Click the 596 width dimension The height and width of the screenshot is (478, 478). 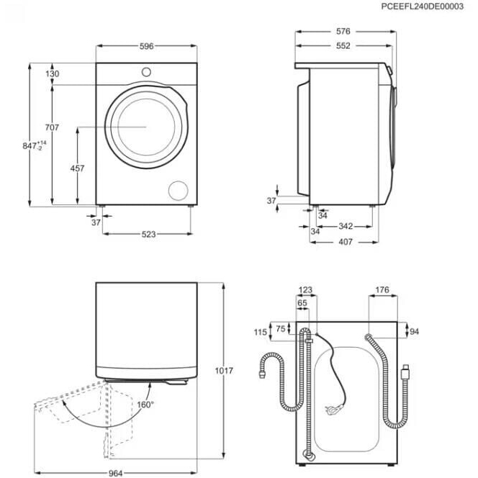(x=147, y=46)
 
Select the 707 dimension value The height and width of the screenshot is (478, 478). (x=52, y=127)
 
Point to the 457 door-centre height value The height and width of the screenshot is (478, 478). (x=77, y=168)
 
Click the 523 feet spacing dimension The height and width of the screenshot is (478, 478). (x=149, y=234)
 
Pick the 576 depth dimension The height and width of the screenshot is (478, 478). (x=343, y=31)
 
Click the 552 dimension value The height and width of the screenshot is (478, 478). (x=343, y=46)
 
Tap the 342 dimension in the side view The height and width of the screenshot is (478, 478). (x=346, y=226)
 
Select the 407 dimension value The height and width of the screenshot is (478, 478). (x=346, y=242)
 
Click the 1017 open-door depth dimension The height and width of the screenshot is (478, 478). (x=224, y=371)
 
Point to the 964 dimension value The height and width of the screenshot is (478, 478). (x=115, y=473)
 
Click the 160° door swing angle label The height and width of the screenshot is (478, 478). (x=145, y=405)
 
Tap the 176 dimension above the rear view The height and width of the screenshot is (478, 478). (x=382, y=289)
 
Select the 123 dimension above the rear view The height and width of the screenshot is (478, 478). (x=305, y=289)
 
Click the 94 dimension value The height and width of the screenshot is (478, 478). (x=414, y=331)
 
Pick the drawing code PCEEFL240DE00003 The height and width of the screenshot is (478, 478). (x=423, y=6)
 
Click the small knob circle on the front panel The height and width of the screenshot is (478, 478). (x=146, y=72)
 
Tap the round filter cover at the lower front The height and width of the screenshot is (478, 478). (x=179, y=191)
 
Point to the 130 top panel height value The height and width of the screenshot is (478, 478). (x=52, y=73)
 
